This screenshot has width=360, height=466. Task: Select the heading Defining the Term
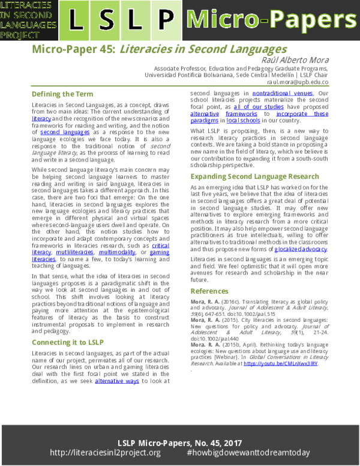click(62, 94)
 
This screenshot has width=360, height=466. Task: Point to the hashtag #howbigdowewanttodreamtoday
click(247, 452)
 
